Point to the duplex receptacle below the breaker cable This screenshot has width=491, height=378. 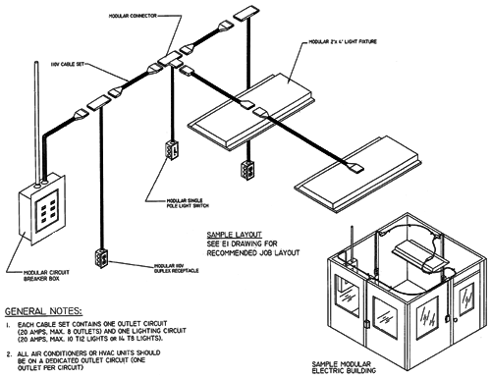pos(100,258)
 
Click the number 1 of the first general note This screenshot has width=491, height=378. pos(9,323)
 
